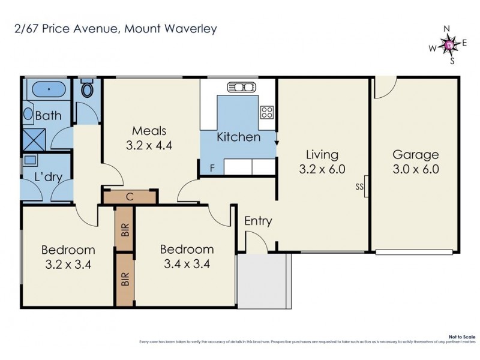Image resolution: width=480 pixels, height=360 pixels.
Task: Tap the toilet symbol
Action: [88, 91]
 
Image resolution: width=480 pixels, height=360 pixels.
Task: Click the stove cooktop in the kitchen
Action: [267, 112]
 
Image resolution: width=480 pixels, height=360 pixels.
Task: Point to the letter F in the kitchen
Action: [212, 167]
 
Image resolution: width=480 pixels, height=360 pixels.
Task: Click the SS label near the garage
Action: [360, 187]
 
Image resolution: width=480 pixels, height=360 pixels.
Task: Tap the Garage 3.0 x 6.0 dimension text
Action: [416, 169]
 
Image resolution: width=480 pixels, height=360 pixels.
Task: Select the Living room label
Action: [322, 155]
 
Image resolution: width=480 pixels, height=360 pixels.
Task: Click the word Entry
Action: [258, 221]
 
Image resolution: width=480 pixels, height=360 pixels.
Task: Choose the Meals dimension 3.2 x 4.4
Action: [149, 145]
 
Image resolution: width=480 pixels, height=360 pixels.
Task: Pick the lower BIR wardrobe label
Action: [125, 280]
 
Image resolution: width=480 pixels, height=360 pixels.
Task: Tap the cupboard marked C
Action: [130, 196]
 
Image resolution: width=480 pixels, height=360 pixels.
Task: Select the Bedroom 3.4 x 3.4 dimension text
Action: [186, 263]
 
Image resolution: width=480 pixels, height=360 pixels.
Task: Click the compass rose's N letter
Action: [446, 29]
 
